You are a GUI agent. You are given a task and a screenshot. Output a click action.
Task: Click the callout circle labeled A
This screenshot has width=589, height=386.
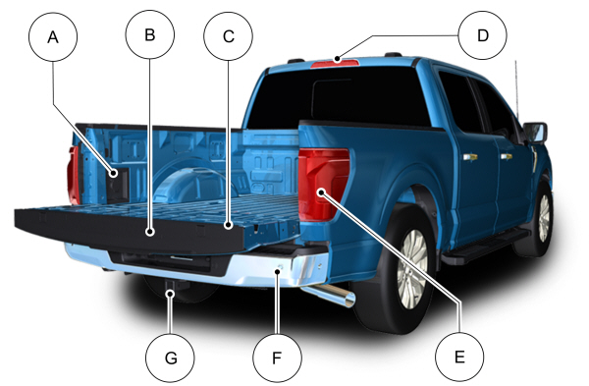click(x=53, y=37)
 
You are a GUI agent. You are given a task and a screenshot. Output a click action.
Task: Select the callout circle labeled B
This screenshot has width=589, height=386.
click(x=150, y=34)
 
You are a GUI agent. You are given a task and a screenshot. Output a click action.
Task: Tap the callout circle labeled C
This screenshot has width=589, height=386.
click(x=229, y=36)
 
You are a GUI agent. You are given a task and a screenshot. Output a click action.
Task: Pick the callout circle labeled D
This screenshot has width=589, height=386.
click(x=483, y=35)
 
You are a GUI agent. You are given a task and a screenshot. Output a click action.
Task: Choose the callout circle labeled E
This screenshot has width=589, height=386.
click(x=459, y=357)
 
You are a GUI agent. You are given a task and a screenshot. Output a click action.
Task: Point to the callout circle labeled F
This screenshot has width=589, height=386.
click(x=277, y=358)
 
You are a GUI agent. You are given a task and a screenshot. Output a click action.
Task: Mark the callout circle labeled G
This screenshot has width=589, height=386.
click(x=170, y=358)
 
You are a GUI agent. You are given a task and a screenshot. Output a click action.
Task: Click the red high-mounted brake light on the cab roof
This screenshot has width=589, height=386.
click(x=335, y=64)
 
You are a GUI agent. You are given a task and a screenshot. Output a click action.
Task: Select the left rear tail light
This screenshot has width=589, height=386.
click(x=74, y=175)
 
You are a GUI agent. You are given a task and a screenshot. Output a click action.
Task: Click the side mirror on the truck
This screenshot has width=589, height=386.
click(x=535, y=132)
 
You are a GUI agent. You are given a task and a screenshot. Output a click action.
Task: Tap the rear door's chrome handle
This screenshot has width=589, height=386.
click(x=470, y=157)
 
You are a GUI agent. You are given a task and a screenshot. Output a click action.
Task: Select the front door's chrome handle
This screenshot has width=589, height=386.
click(x=506, y=156)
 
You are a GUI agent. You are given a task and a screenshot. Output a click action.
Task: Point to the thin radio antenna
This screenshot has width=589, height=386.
click(x=517, y=89)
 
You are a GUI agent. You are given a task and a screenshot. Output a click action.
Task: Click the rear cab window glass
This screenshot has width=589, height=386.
click(x=338, y=97)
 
